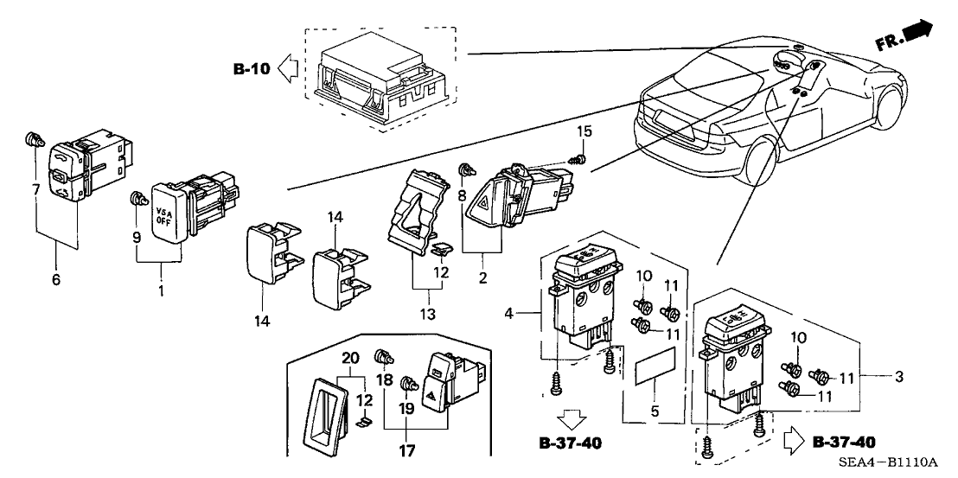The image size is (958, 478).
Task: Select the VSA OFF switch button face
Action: [x=167, y=201]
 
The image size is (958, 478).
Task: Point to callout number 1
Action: [x=161, y=292]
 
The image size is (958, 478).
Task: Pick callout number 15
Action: [x=585, y=131]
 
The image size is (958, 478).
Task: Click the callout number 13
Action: [x=425, y=311]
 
